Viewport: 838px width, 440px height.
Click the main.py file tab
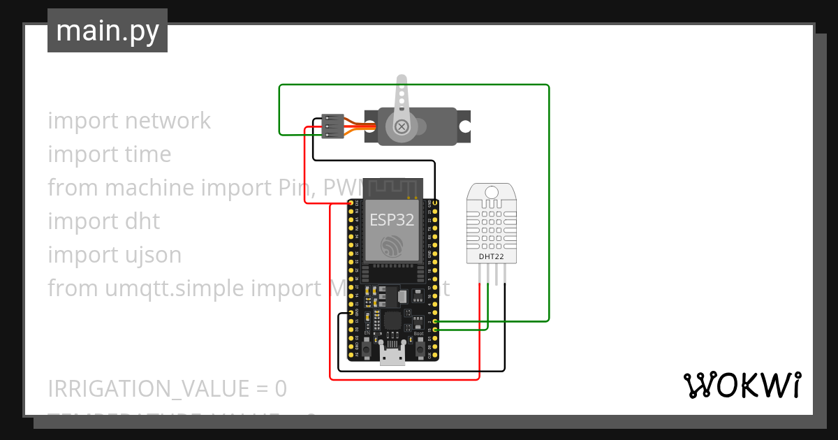pos(107,31)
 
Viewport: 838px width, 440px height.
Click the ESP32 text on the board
pos(392,220)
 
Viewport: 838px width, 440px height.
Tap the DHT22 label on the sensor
pos(492,256)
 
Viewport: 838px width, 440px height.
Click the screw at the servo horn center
pos(402,126)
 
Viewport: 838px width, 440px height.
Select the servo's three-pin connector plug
pos(330,126)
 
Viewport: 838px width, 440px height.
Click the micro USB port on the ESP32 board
pos(392,355)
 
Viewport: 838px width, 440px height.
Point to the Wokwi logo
pos(741,385)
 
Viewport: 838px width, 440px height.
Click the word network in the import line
pos(168,121)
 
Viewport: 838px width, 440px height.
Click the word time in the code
pos(147,154)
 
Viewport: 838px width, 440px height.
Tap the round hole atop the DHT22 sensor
pos(492,191)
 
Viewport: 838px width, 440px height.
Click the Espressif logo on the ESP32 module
pos(392,246)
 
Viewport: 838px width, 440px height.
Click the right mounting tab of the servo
pos(464,126)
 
